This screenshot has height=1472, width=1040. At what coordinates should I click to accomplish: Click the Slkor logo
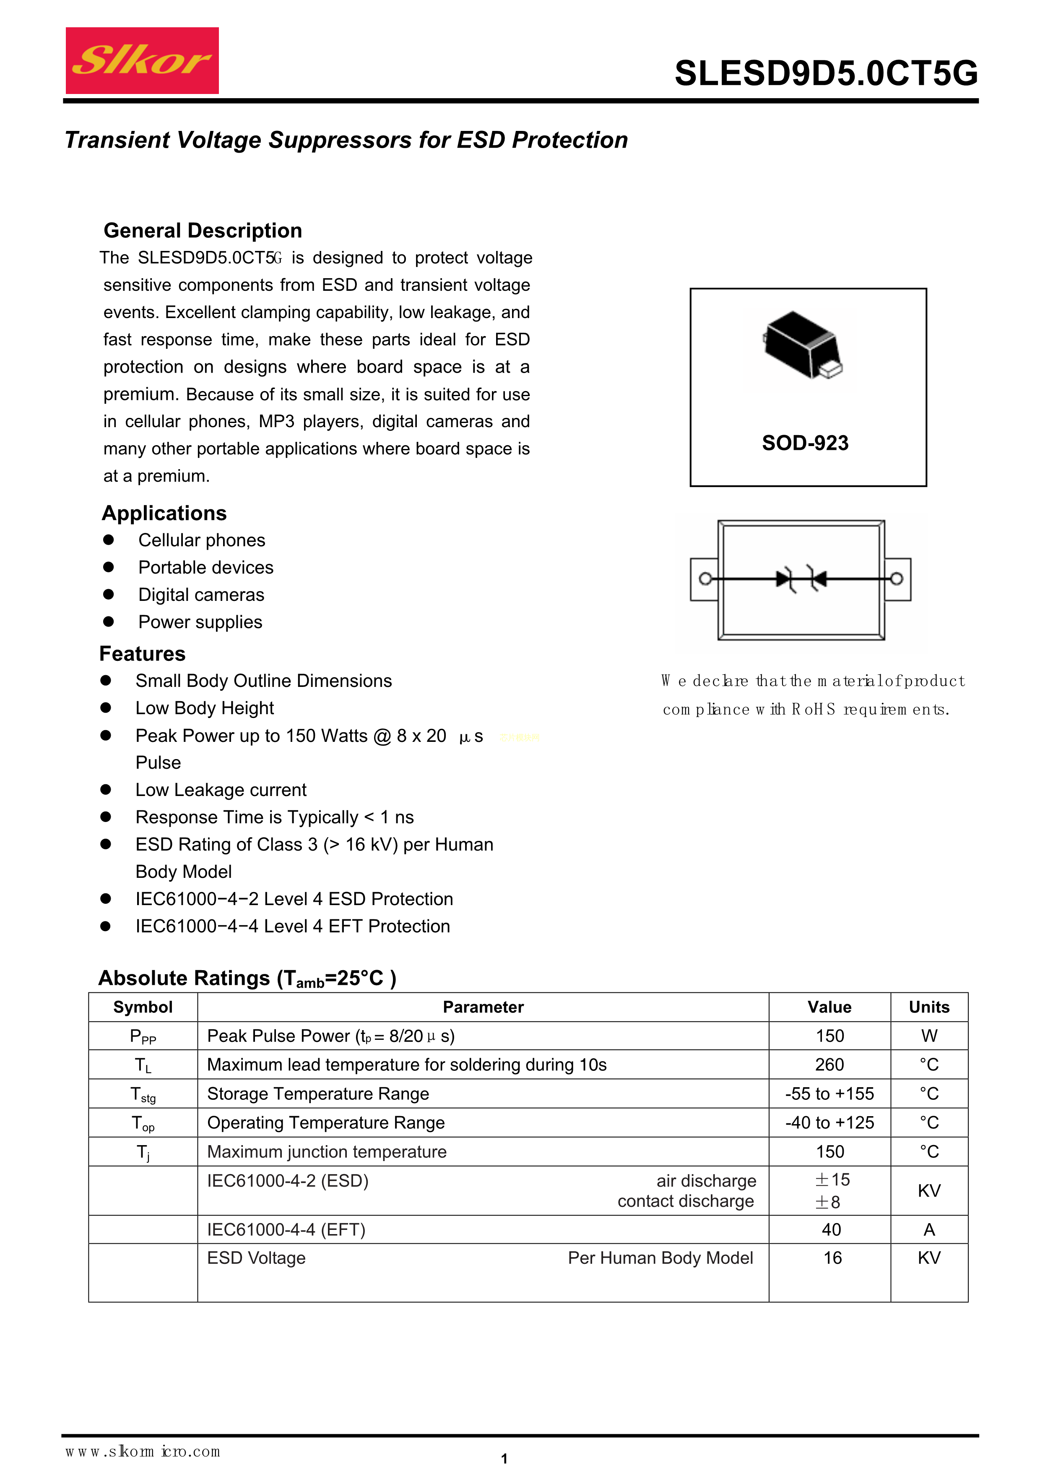coord(142,60)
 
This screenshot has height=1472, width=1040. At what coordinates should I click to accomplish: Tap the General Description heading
coord(203,231)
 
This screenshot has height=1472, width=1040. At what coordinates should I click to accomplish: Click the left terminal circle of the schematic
coord(705,579)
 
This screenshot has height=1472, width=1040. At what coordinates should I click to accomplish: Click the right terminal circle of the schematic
coord(897,579)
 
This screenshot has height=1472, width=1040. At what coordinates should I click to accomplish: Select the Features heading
coord(142,654)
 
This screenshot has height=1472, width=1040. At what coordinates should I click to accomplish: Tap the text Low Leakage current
coord(221,790)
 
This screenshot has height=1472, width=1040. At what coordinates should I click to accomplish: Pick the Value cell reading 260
coord(829,1065)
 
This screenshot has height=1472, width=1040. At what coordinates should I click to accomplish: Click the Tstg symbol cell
coord(143,1094)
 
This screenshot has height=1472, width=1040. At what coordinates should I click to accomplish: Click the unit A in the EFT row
coord(929,1229)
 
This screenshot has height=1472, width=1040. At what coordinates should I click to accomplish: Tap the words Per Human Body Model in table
coord(660,1258)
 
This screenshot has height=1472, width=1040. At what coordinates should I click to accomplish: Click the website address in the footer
coord(142,1451)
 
